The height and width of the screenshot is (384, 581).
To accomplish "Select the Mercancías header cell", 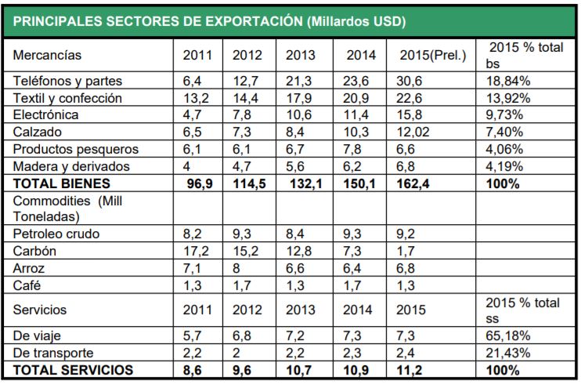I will coord(48,56).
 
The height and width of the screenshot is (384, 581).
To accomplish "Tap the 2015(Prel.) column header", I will coord(432,56).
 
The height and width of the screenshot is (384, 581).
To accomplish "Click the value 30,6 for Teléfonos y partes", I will coord(412,82).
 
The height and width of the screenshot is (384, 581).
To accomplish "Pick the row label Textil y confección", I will coord(69,99).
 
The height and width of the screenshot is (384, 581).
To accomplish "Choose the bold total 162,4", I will coord(416,183).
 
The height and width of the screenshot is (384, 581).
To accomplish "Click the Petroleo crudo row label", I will coord(57,234).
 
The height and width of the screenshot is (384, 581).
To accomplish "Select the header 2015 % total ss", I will coord(523,310).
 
